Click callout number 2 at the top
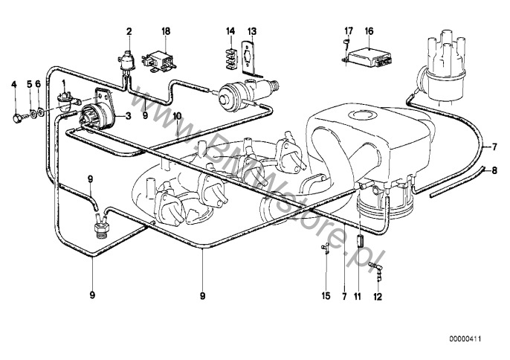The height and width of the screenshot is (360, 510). pos(129,31)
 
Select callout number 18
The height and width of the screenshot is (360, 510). pos(166,31)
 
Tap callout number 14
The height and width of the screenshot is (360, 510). pos(230,31)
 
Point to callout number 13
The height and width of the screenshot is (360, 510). pos(252,31)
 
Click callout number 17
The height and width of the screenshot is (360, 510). pos(349,31)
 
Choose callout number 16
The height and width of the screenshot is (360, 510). pos(369,31)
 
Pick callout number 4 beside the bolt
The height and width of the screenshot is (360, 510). pos(13,85)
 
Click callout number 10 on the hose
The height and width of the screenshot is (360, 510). pos(177,115)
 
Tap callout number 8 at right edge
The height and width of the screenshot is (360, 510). pos(494,170)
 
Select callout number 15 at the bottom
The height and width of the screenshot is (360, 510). pos(326,295)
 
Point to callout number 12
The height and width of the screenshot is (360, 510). pos(378,296)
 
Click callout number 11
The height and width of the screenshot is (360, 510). pos(358,296)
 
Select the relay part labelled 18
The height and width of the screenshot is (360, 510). pos(159,62)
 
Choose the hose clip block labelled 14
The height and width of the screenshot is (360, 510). pos(230,58)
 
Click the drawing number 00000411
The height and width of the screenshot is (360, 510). pos(465,339)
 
